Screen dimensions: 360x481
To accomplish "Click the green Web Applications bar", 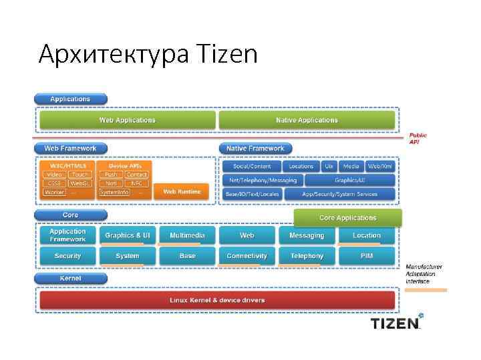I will [127, 120].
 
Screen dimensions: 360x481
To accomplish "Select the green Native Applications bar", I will [307, 120].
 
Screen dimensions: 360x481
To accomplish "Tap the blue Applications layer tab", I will [70, 99].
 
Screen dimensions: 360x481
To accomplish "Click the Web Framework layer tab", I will [70, 148].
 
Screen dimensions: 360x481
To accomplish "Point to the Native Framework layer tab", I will [255, 148].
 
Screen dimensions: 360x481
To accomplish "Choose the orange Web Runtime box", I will [181, 191].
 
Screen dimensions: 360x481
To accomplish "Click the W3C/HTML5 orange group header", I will [64, 165].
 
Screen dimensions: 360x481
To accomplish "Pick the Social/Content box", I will [252, 166].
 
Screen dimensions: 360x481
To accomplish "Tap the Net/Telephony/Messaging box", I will [263, 180].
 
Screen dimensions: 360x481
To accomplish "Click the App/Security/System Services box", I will [339, 194].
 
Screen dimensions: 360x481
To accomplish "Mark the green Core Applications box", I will [347, 218].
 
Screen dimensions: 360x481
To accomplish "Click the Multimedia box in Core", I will [187, 235].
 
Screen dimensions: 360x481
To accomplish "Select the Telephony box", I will [307, 255].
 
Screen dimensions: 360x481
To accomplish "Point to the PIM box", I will [366, 255].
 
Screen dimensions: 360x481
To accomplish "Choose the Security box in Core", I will [67, 255].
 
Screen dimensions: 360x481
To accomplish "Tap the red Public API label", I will [418, 138].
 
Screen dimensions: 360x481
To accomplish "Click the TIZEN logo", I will [397, 323].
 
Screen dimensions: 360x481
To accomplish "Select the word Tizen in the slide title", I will [228, 53].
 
